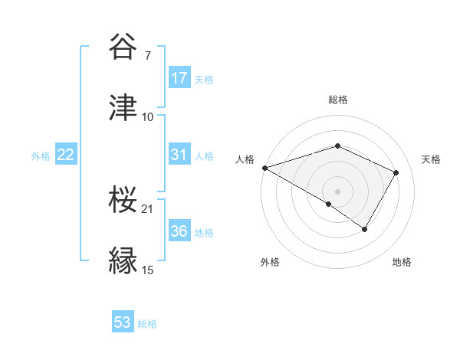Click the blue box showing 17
click(179, 77)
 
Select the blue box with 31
click(179, 154)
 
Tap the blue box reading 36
click(179, 231)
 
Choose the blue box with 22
click(66, 154)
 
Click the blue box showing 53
click(123, 322)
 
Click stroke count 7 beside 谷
click(147, 56)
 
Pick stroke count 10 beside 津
click(147, 116)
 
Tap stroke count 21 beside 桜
click(147, 208)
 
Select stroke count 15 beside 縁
click(147, 270)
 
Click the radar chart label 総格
click(337, 100)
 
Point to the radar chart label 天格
click(431, 159)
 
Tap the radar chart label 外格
click(270, 263)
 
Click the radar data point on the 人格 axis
click(264, 168)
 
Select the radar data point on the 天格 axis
click(396, 172)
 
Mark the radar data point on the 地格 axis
click(365, 228)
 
